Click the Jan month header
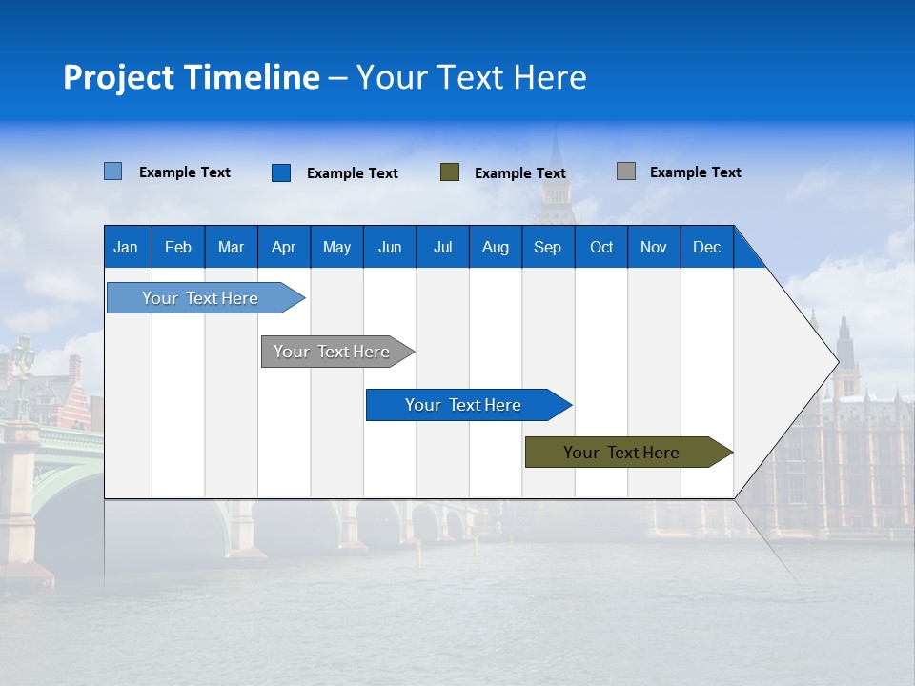[126, 247]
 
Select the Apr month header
[283, 247]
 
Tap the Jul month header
[442, 247]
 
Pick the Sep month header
[547, 247]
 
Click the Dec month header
[706, 247]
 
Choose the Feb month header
[178, 247]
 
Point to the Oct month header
[601, 247]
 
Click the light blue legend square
[112, 171]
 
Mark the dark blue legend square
[281, 172]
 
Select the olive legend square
[450, 172]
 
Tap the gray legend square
[626, 171]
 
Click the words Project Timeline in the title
[192, 77]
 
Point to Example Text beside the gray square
[695, 172]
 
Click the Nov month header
[654, 247]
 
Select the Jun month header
[390, 247]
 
